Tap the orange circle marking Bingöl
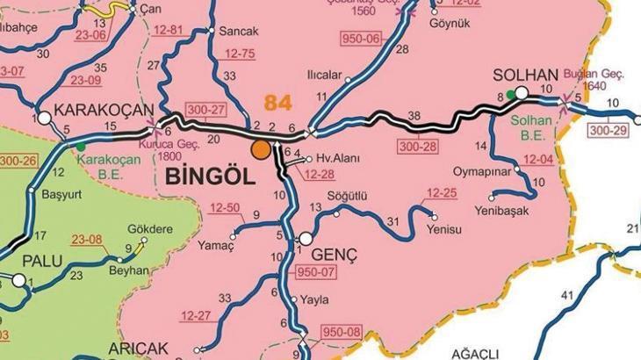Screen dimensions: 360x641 point(261,149)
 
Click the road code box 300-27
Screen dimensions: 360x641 point(207,110)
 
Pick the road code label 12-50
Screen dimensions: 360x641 point(226,208)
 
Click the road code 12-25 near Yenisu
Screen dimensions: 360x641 point(441,192)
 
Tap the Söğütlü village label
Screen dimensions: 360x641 point(346,193)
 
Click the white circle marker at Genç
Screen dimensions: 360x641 point(306,238)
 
